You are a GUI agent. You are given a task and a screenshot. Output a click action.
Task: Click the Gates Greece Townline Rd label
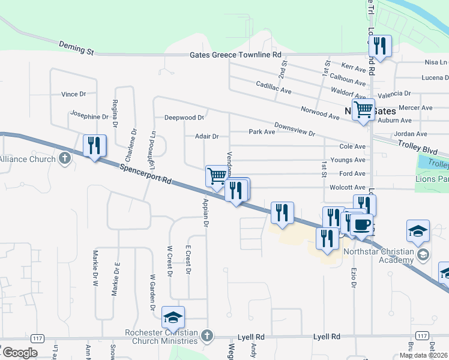pos(235,54)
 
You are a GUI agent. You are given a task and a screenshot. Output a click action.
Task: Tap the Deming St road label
pos(76,47)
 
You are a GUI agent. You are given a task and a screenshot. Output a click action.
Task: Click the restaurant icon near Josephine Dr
pos(95,146)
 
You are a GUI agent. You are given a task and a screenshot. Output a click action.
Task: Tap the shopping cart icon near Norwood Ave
pos(363,110)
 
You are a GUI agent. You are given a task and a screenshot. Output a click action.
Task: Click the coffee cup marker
pos(361,225)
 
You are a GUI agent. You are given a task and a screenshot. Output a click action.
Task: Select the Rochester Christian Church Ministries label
pos(164,338)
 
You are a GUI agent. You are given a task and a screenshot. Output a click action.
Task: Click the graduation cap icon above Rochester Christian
pos(173,317)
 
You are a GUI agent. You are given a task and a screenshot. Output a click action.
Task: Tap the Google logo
pos(20,353)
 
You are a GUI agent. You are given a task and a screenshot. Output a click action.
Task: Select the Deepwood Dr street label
pos(185,118)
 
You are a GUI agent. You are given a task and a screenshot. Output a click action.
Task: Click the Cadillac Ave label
pos(274,88)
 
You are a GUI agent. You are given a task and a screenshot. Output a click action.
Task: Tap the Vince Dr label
pos(74,94)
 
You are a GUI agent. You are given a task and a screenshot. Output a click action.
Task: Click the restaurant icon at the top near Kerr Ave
pos(379,46)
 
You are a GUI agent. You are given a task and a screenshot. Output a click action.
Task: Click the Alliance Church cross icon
pos(65,159)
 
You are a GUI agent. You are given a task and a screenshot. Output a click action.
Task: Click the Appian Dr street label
pos(205,212)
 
